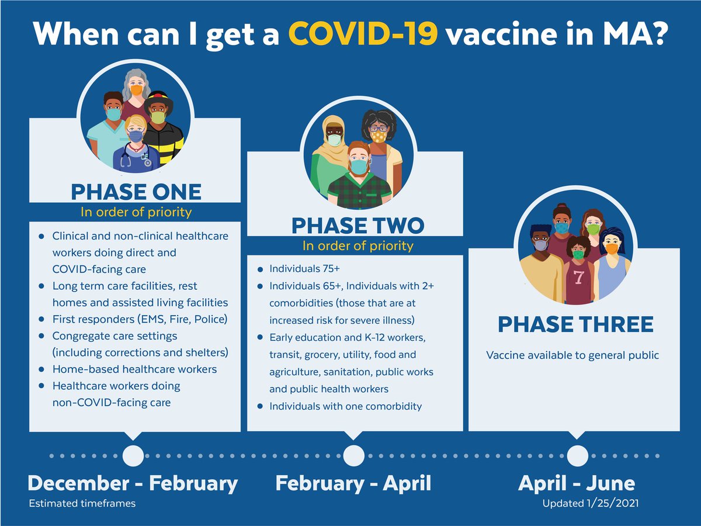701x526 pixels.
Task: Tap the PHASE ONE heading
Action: coord(136,192)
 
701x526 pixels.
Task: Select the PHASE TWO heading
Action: coord(358,226)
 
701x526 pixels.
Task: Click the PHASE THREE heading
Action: coord(575,324)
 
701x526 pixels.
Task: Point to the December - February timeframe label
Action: coord(133,484)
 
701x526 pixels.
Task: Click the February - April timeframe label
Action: coord(353,484)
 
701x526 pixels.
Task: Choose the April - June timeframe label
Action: coord(577,484)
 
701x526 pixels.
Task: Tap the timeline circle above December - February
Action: coord(133,455)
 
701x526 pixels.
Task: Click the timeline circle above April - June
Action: coord(577,455)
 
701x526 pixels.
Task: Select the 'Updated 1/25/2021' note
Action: coord(587,503)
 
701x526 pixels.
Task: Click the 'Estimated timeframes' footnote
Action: coord(82,503)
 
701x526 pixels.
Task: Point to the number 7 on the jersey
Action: coord(578,278)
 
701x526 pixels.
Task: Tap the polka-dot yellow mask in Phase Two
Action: coord(379,136)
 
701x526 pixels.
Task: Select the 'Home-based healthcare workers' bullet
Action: coord(134,369)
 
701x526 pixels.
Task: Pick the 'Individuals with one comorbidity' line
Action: coord(345,406)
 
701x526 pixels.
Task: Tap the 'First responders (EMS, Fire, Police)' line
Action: coord(140,319)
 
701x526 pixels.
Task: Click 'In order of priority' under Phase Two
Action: coord(358,246)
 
